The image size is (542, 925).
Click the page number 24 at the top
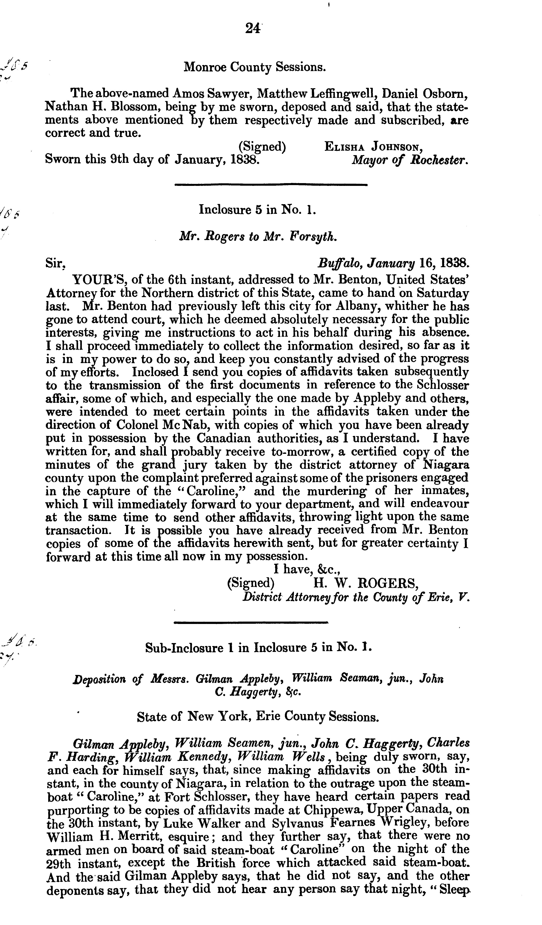coord(253,28)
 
